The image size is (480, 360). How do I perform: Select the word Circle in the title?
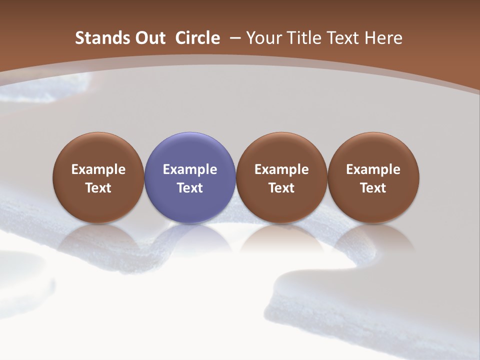pyautogui.click(x=197, y=38)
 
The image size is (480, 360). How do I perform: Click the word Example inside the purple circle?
pyautogui.click(x=190, y=169)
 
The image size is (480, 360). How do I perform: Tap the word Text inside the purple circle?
pyautogui.click(x=190, y=188)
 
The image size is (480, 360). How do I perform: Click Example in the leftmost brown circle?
pyautogui.click(x=98, y=169)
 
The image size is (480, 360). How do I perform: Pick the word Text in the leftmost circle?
pyautogui.click(x=98, y=188)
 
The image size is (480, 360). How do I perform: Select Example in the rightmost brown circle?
pyautogui.click(x=373, y=169)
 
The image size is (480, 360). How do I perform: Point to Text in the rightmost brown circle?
pyautogui.click(x=373, y=188)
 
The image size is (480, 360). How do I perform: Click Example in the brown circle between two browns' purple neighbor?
pyautogui.click(x=281, y=169)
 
